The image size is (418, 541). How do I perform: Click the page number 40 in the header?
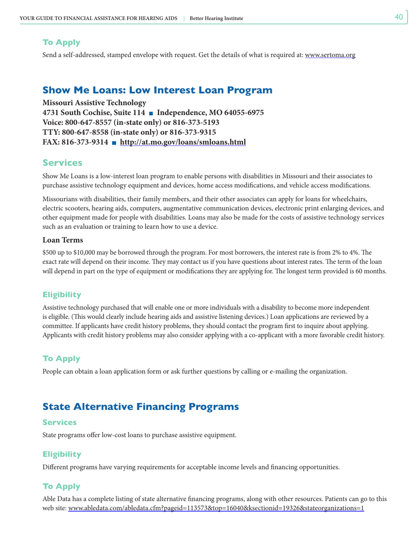point(399,17)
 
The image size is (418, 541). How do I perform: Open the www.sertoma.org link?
point(330,55)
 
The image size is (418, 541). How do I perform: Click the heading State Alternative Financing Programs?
point(140,406)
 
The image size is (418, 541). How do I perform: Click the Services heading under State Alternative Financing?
point(59,422)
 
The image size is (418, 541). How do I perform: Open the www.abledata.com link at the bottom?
point(216,508)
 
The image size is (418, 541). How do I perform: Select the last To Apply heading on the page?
point(61,486)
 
